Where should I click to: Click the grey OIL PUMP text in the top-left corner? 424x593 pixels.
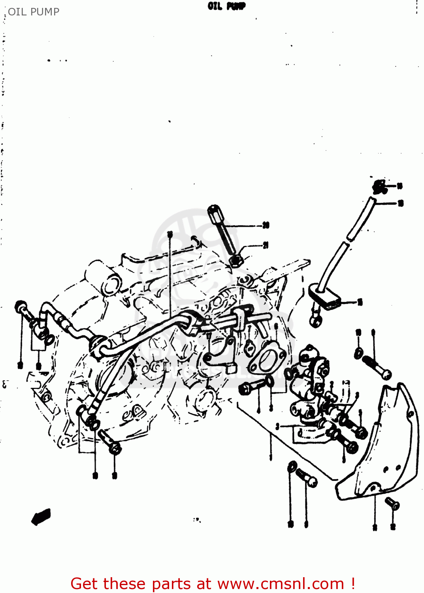[x=34, y=12]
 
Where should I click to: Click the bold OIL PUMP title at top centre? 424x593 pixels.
[x=226, y=6]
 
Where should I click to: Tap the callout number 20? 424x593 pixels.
[x=266, y=225]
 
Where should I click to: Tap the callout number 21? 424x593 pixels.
[x=266, y=246]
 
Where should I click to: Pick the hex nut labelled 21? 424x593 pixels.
[x=236, y=261]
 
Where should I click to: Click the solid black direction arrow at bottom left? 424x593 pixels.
[x=41, y=516]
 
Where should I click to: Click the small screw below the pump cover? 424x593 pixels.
[x=392, y=504]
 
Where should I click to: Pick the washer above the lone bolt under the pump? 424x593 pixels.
[x=292, y=466]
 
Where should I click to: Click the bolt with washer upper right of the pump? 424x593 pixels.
[x=375, y=366]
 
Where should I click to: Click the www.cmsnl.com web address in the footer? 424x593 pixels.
[x=281, y=584]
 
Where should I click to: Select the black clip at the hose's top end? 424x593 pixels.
[x=380, y=187]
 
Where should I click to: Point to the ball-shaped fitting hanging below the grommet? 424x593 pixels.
[x=315, y=321]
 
